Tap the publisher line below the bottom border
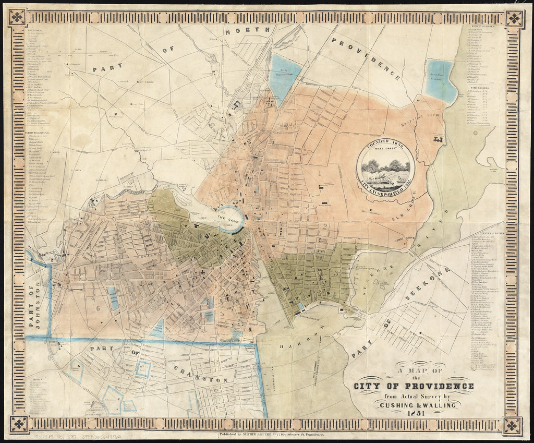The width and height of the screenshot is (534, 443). coord(270,435)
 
